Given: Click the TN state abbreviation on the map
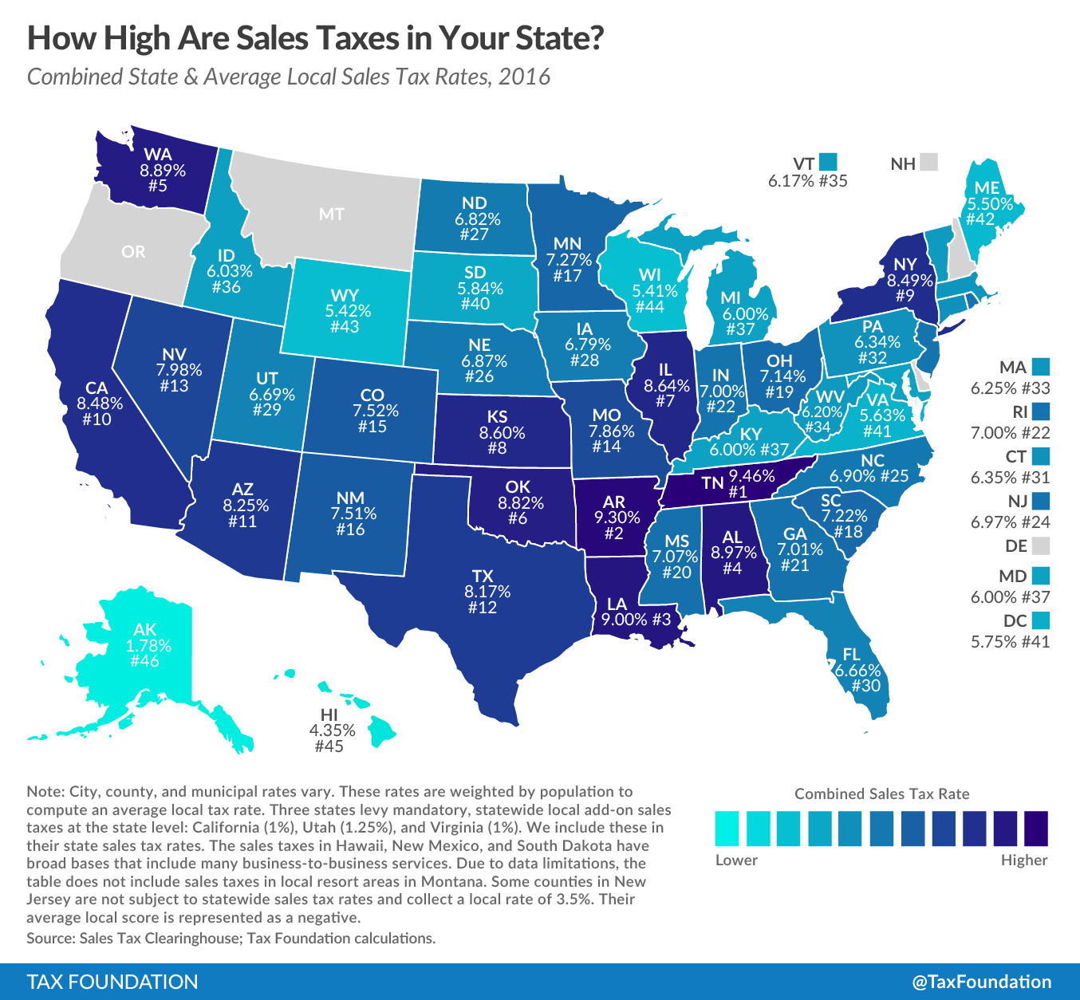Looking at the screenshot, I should [712, 482].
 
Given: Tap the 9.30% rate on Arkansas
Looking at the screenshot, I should [617, 518].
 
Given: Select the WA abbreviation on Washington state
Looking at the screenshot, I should [158, 155].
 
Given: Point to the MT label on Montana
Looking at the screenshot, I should [331, 214].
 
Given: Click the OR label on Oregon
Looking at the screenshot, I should [133, 252].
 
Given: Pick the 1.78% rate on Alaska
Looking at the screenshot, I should [148, 646].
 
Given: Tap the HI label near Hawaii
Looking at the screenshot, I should [329, 715].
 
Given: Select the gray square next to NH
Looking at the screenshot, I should [928, 163].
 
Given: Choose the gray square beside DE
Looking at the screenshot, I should [1039, 546].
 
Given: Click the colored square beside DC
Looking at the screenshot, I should [1039, 620].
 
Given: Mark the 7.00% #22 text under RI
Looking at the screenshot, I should [1010, 433].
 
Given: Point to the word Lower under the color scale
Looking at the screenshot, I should [736, 860].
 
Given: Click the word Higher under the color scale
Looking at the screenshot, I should [1023, 860].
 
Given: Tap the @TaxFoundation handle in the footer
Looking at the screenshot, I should [981, 982].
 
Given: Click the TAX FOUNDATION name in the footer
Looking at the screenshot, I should [112, 982].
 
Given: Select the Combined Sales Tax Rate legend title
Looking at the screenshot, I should [881, 793].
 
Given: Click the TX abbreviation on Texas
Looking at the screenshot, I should [483, 576].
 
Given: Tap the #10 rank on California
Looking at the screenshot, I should [97, 419].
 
